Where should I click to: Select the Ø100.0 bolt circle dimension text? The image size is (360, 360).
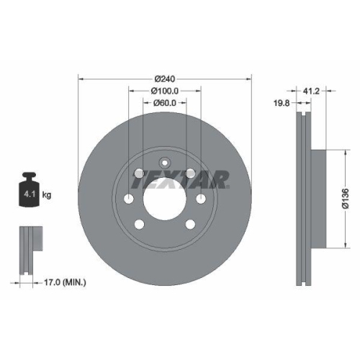[x=165, y=90]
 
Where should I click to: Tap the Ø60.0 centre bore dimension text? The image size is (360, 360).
[x=165, y=104]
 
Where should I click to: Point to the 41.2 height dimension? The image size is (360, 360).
[x=312, y=91]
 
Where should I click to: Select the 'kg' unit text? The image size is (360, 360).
[x=46, y=194]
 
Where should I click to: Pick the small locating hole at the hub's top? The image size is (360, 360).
[x=165, y=161]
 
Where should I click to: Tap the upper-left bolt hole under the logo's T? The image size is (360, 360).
[x=139, y=173]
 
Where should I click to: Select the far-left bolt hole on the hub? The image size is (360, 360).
[x=129, y=199]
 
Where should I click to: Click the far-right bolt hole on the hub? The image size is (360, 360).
[x=202, y=199]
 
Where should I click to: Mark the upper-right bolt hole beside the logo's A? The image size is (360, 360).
[x=190, y=173]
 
